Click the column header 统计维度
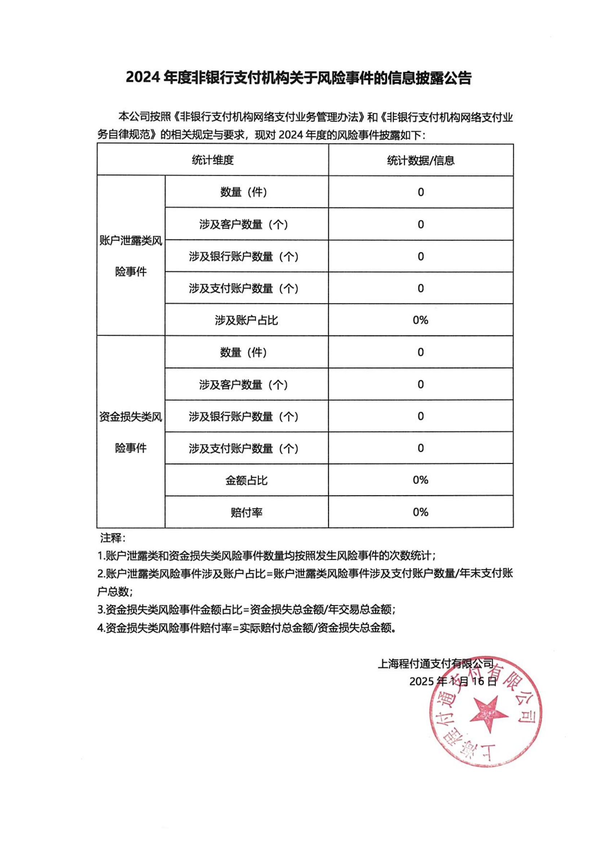coord(213,160)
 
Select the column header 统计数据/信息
coord(420,160)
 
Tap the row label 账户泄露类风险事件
coord(131,256)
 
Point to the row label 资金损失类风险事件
coord(131,432)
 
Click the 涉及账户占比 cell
coord(246,320)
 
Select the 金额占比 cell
coord(246,480)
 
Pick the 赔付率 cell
coord(246,512)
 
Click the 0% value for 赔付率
coord(420,512)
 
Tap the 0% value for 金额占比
coord(420,480)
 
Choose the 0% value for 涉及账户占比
coord(420,320)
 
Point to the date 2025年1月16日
coord(453,681)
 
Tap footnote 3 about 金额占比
coord(246,609)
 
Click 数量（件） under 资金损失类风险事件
coord(243,352)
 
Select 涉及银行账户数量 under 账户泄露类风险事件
coord(243,256)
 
